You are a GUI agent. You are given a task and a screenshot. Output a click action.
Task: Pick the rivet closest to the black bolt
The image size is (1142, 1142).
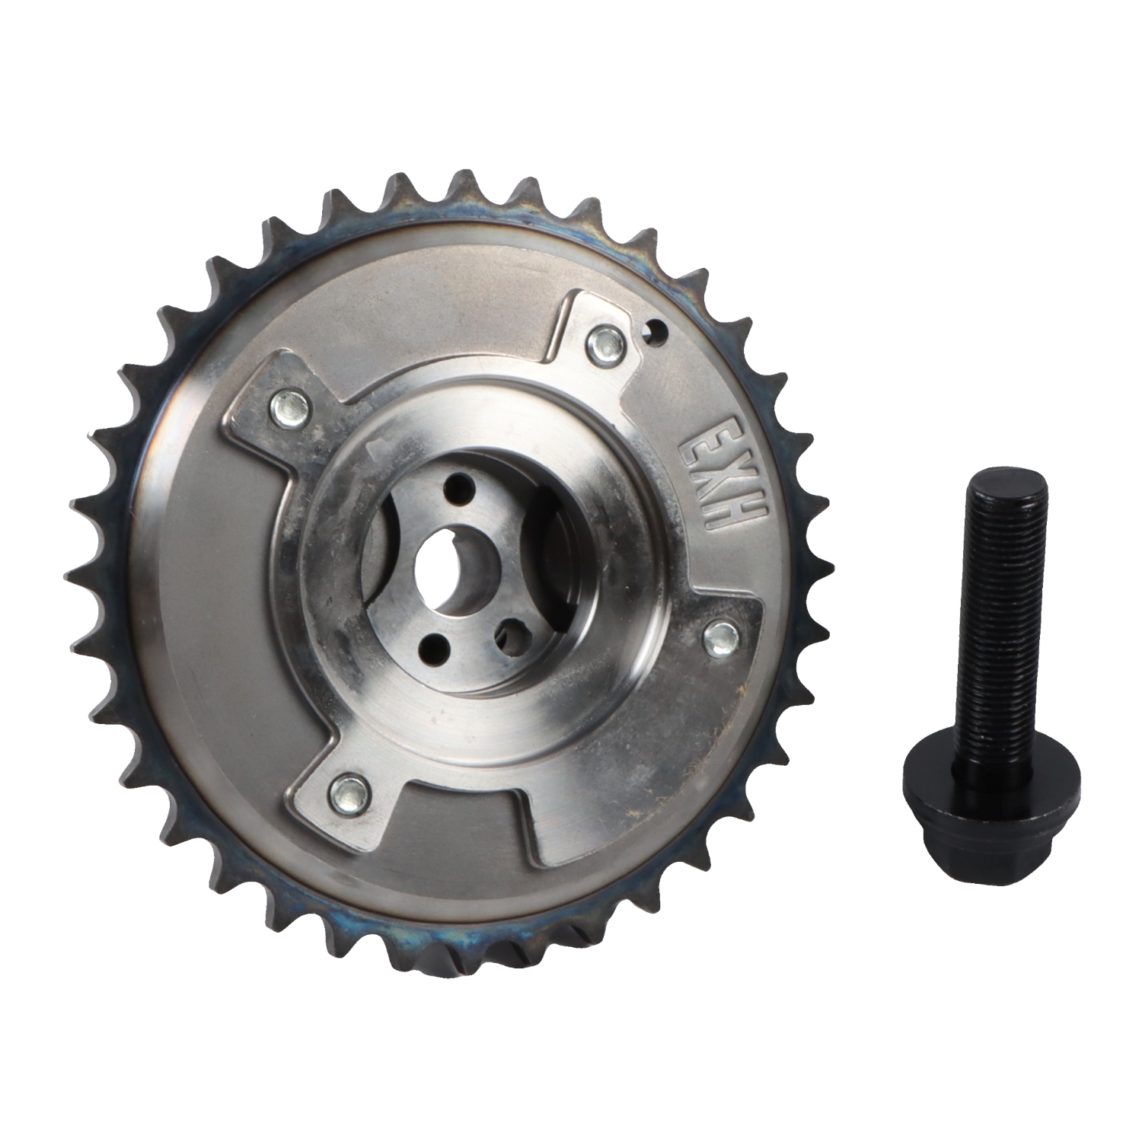[x=719, y=639]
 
